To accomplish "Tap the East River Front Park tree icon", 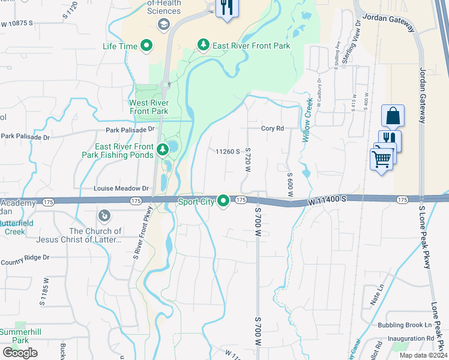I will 204,46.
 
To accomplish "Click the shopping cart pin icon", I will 382,160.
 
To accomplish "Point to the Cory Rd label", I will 272,128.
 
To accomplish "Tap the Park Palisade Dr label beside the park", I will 130,129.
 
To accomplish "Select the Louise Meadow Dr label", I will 121,188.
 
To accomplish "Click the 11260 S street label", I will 228,152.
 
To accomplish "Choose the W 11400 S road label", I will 328,198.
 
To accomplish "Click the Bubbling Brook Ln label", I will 404,325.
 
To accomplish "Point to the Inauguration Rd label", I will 410,338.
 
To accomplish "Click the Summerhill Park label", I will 13,336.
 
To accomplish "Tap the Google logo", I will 20,353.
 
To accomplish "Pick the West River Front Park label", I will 149,107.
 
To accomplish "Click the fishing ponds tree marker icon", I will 161,149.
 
